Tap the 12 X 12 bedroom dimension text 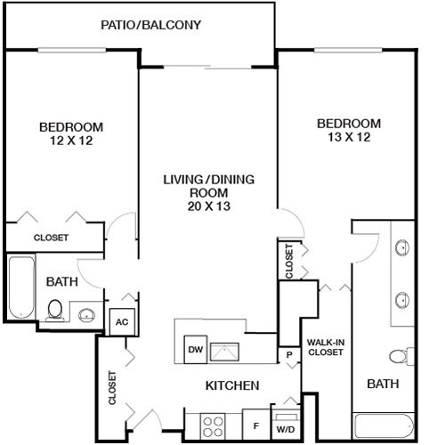(70, 140)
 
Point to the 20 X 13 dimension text (208, 206)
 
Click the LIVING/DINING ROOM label (208, 186)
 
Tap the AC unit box (120, 322)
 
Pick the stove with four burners (213, 423)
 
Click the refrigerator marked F (255, 425)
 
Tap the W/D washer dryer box (286, 424)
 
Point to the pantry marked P (289, 355)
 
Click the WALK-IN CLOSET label (326, 347)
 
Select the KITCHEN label (232, 385)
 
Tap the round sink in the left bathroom (86, 313)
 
